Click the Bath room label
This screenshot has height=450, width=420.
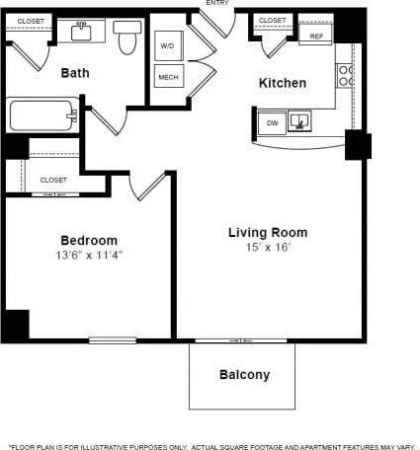tap(75, 72)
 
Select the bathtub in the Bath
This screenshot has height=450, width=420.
tap(43, 116)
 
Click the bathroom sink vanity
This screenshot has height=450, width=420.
tap(81, 33)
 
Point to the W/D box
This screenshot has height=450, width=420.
tap(166, 46)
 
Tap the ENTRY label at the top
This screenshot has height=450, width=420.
tap(217, 3)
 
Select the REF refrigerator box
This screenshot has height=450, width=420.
tap(316, 36)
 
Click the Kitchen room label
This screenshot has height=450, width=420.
tap(282, 83)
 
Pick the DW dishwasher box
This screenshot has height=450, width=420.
tap(272, 122)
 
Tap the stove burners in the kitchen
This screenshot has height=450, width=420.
tap(345, 72)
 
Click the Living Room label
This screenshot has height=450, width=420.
tap(268, 233)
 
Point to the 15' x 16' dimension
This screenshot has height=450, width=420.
tap(268, 248)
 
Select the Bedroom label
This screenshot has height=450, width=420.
tap(89, 240)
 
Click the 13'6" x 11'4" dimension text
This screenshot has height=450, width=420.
tap(90, 255)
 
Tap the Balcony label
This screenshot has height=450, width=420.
tap(243, 375)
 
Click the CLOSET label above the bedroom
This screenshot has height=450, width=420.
tap(53, 180)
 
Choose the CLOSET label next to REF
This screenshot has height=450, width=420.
tap(272, 20)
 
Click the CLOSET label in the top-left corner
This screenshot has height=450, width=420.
tap(31, 20)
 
